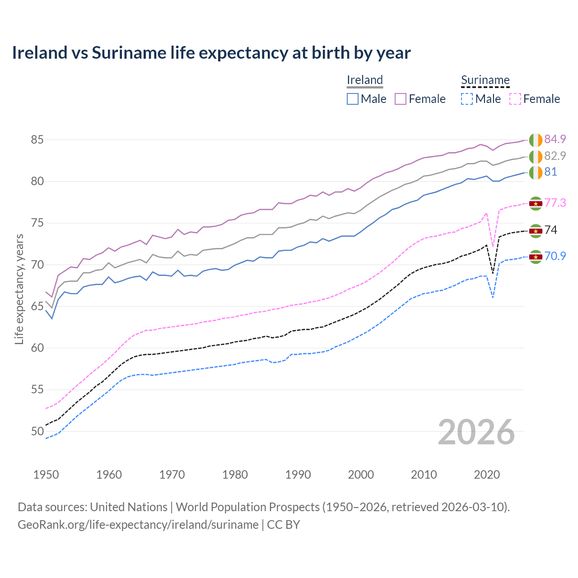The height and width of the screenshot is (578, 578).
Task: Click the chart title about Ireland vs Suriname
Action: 211,53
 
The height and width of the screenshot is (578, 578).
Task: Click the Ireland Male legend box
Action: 353,99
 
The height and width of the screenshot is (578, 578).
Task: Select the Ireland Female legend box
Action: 401,99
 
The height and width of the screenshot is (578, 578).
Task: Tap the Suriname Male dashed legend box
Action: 467,99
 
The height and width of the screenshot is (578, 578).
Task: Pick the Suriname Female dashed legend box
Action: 515,99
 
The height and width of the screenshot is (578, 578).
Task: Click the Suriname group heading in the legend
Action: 485,80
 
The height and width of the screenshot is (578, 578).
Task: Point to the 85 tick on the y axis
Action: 37,140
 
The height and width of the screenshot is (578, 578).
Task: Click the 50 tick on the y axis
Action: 37,431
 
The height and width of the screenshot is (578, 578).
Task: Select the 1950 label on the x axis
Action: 46,475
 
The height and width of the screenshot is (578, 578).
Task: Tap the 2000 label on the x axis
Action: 361,475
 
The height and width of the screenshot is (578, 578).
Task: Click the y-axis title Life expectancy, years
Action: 19,289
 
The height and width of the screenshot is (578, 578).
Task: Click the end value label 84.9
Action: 555,139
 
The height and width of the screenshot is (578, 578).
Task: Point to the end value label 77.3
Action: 555,203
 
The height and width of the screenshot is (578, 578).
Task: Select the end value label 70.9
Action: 555,256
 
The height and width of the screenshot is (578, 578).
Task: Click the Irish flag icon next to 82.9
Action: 536,157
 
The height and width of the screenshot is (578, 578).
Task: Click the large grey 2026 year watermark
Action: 476,433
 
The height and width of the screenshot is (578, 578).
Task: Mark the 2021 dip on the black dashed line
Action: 493,273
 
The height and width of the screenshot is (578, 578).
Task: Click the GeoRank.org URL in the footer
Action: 138,525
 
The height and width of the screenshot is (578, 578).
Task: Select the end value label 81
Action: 550,172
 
